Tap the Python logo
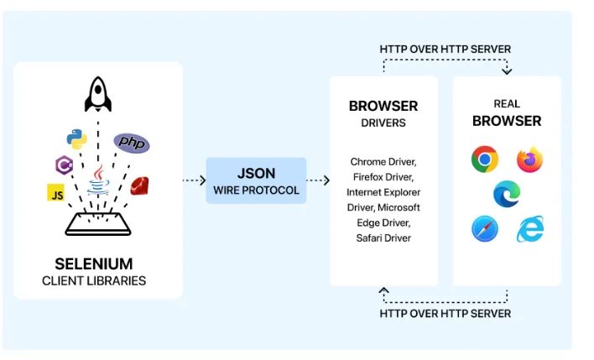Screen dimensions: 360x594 76,139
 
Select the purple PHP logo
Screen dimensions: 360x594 132,142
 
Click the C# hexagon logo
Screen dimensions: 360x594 64,164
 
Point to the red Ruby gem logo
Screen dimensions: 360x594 139,186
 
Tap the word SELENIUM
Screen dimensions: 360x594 94,263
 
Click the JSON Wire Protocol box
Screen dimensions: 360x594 256,180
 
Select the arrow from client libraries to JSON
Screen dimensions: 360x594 193,180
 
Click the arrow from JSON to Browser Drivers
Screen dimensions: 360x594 317,180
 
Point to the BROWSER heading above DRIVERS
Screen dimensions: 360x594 383,107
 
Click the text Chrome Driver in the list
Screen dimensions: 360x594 383,161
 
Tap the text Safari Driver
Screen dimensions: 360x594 383,238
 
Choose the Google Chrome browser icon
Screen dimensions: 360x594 484,159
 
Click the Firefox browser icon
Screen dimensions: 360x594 529,159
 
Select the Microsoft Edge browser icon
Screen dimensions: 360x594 507,194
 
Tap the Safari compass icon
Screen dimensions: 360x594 484,229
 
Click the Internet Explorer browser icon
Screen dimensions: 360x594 529,229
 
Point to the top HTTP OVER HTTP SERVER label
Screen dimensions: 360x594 445,49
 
